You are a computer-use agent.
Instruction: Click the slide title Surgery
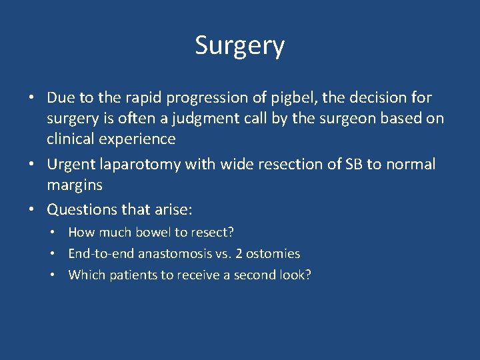click(239, 46)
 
